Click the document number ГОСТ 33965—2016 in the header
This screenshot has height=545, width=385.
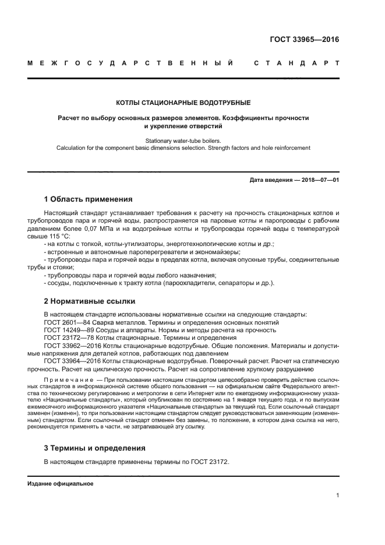[x=304, y=40]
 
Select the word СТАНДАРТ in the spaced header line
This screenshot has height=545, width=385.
[x=296, y=62]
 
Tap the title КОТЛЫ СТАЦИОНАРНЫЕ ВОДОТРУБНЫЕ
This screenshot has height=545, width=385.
[x=183, y=103]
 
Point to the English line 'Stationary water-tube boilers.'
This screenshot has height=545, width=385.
[x=183, y=140]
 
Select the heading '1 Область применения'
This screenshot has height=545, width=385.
[x=88, y=199]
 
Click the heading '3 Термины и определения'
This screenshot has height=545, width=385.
[x=95, y=448]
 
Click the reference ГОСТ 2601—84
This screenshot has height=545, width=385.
[x=66, y=322]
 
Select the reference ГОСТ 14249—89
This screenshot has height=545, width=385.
[x=68, y=330]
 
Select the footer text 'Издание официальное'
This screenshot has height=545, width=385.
[x=61, y=484]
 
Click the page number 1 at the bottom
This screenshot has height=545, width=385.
[x=337, y=495]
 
